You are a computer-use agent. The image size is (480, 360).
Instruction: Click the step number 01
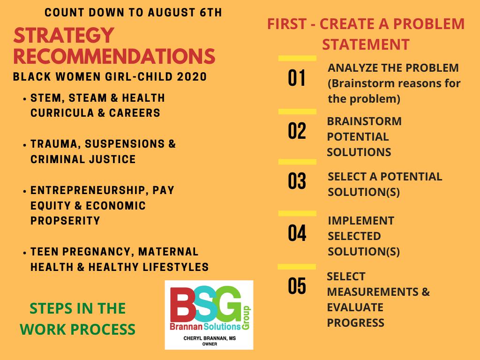click(x=297, y=78)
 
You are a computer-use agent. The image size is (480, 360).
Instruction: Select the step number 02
click(x=297, y=131)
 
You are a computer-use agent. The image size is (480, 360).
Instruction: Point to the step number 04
click(x=297, y=233)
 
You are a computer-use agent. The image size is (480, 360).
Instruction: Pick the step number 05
click(x=297, y=286)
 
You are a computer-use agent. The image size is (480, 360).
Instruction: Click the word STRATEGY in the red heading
click(x=64, y=35)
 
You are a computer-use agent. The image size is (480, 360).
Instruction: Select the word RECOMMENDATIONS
click(x=114, y=56)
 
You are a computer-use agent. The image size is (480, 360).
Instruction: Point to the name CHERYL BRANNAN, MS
click(x=210, y=338)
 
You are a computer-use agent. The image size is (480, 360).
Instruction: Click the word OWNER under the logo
click(x=210, y=344)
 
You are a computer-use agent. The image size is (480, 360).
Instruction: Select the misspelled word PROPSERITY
click(x=65, y=221)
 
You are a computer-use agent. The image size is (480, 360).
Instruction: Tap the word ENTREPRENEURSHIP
click(x=88, y=190)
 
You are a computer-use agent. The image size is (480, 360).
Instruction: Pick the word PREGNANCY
click(x=98, y=252)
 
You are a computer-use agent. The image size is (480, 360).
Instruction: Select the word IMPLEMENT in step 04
click(x=361, y=221)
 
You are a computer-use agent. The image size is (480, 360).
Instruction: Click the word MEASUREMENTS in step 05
click(x=373, y=292)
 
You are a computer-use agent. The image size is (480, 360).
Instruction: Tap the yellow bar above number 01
click(x=297, y=58)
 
